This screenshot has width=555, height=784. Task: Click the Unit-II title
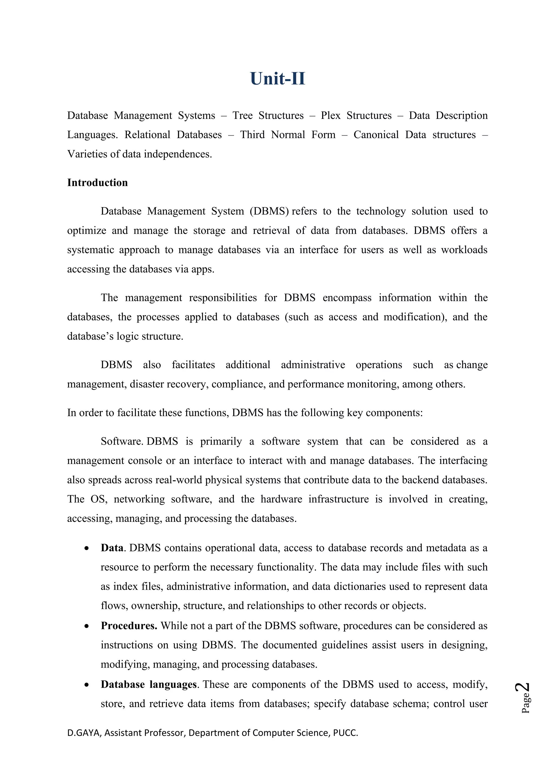pos(277,79)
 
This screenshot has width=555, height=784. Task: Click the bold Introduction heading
pos(97,183)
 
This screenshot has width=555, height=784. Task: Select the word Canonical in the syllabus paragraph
pos(376,135)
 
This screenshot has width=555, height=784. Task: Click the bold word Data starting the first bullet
pos(112,548)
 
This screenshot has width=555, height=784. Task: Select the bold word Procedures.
pos(129,626)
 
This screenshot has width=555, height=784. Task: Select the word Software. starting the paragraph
pos(122,441)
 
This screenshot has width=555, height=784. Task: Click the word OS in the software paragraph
pos(99,499)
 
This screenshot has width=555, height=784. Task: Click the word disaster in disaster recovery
pos(147,384)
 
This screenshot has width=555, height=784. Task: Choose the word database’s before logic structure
pos(90,336)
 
